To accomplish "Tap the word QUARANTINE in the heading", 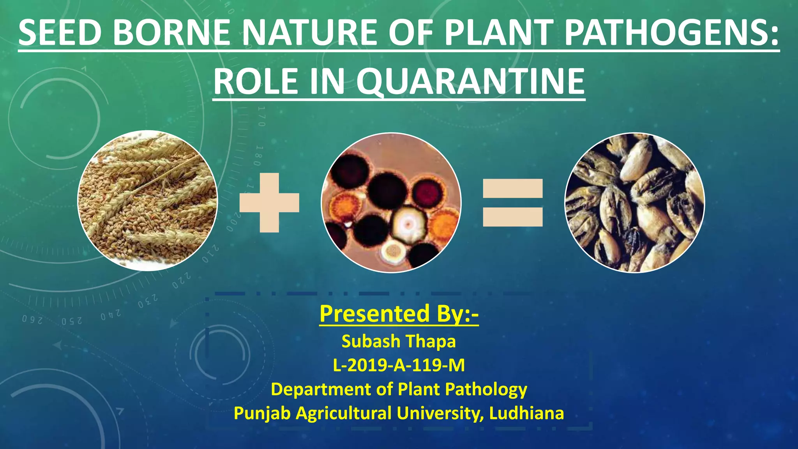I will (470, 82).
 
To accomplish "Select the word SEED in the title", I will (60, 33).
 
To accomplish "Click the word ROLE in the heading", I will (258, 82).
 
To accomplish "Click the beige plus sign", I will (270, 203).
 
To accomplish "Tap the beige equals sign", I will (513, 203).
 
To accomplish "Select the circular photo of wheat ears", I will (148, 201).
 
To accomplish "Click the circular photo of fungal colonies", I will (391, 203).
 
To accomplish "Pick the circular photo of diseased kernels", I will (635, 203).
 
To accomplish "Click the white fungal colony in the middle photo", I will (408, 224).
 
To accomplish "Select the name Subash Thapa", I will (399, 341).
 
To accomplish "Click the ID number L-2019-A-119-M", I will (399, 366).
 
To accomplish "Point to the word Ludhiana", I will (526, 413).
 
